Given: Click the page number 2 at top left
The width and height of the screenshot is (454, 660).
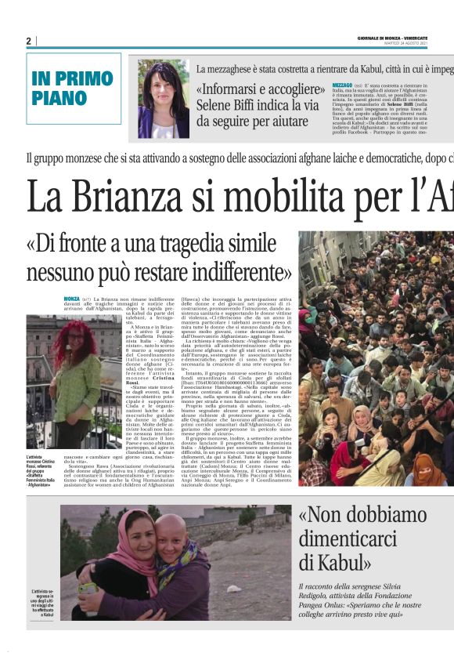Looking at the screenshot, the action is [x=28, y=41].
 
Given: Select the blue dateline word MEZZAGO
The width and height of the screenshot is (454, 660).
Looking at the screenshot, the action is [x=342, y=84].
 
